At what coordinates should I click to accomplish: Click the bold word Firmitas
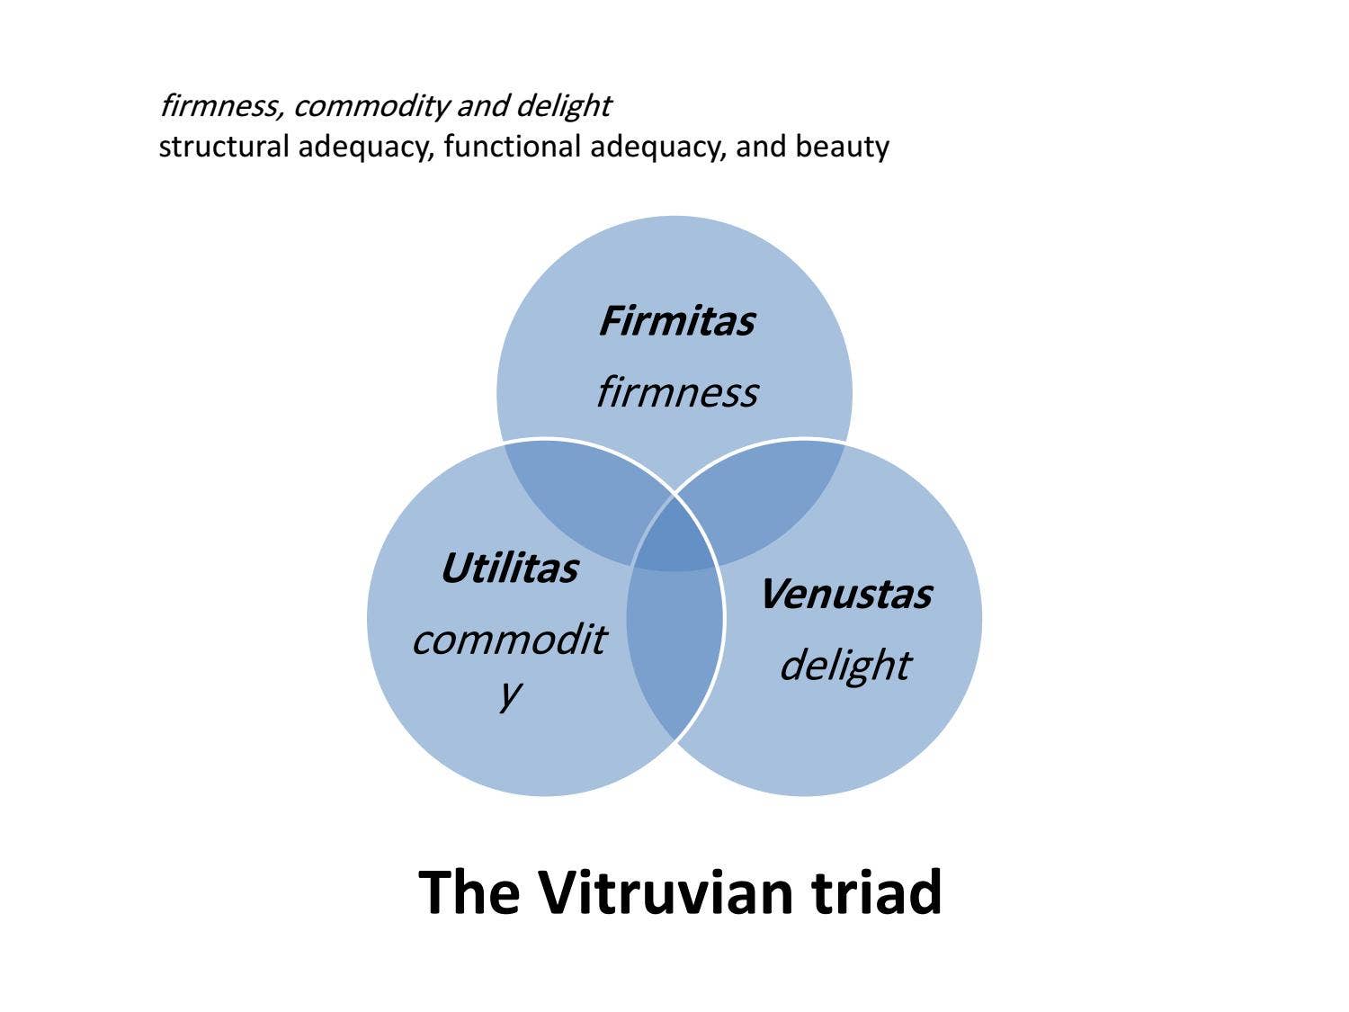(x=676, y=321)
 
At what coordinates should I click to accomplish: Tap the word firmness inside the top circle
(x=677, y=392)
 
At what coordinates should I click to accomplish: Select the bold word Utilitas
(x=510, y=568)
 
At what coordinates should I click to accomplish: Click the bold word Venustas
(x=847, y=595)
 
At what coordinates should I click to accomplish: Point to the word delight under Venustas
(x=845, y=666)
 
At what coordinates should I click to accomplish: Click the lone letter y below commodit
(x=510, y=694)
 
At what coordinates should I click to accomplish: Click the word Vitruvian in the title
(x=670, y=891)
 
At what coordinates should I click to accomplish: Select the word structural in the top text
(x=224, y=147)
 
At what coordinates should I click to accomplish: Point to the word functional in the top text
(x=512, y=147)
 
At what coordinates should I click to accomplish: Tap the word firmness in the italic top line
(x=222, y=105)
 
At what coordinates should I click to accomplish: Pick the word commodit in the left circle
(x=510, y=640)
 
